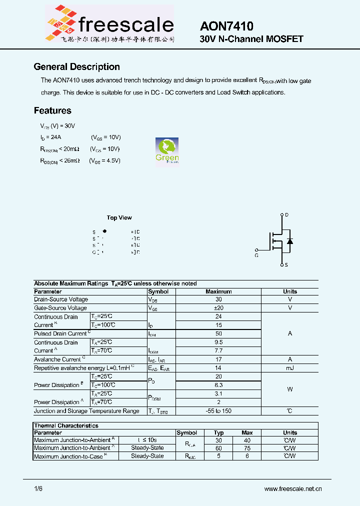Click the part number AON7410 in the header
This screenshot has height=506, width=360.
(x=226, y=26)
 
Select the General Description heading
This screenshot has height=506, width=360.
(x=76, y=67)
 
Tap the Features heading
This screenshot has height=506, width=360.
(x=52, y=110)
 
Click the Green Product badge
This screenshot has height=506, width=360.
(x=167, y=150)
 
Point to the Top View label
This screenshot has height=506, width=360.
(x=119, y=217)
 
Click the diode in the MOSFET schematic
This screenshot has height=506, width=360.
(x=289, y=241)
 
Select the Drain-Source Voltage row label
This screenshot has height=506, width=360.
(x=61, y=299)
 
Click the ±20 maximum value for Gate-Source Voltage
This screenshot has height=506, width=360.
(x=218, y=308)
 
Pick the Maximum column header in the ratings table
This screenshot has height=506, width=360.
(x=218, y=291)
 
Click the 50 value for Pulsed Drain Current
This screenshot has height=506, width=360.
(x=218, y=333)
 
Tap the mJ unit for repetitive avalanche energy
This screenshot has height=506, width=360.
(x=289, y=368)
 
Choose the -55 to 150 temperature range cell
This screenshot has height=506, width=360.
(x=218, y=411)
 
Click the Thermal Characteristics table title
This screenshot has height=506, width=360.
(x=66, y=425)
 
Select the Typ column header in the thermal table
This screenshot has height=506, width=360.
(x=218, y=432)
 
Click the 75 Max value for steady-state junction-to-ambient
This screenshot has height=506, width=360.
(x=247, y=448)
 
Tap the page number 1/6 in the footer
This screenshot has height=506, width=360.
(x=38, y=489)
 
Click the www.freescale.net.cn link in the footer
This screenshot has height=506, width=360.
(x=292, y=489)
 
